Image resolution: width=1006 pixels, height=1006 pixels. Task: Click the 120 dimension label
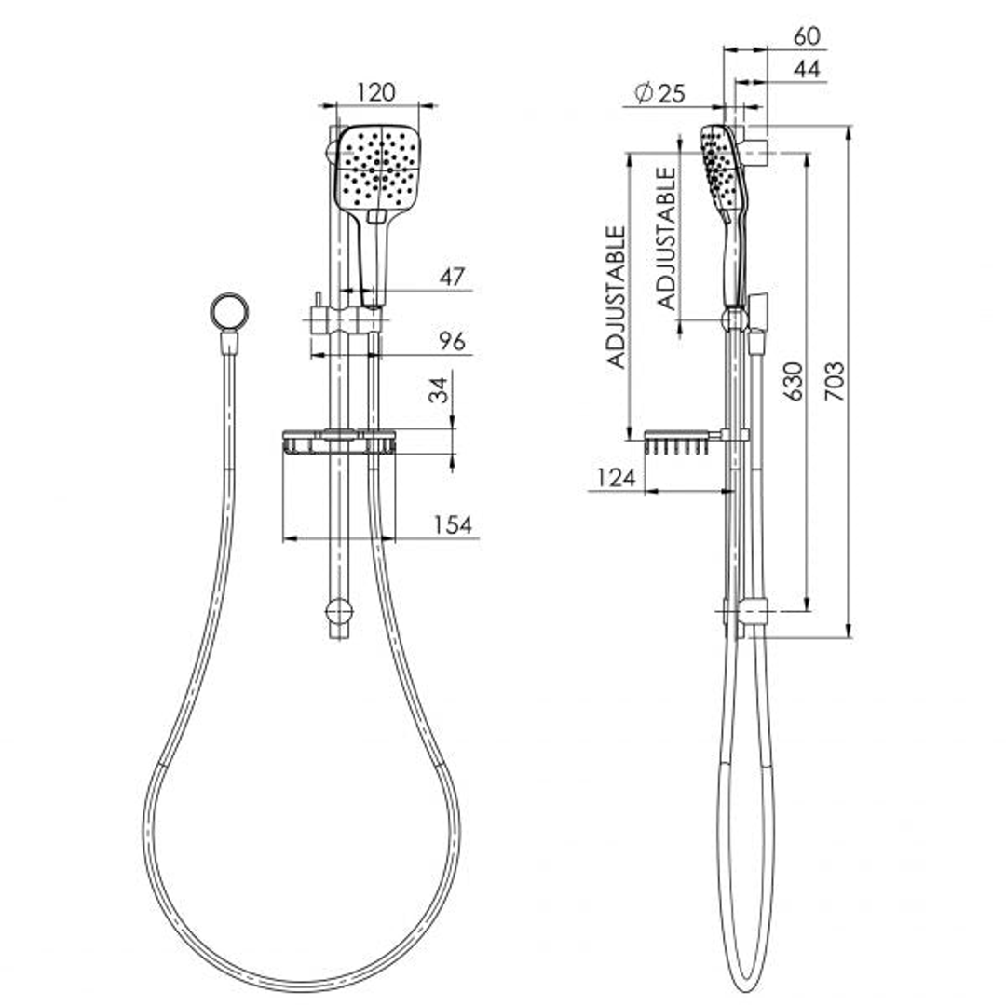376,93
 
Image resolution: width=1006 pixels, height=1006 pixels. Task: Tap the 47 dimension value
453,278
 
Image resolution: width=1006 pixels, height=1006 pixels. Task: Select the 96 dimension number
453,342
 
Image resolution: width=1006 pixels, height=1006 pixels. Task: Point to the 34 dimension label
440,389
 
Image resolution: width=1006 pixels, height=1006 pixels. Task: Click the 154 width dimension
453,524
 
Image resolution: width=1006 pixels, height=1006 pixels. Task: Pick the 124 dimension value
616,478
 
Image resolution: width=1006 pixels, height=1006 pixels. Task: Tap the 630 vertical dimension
794,381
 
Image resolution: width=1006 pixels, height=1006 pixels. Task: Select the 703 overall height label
835,381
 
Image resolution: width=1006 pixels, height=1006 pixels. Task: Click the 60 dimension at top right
807,36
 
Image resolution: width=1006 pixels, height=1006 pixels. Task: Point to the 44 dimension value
807,69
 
